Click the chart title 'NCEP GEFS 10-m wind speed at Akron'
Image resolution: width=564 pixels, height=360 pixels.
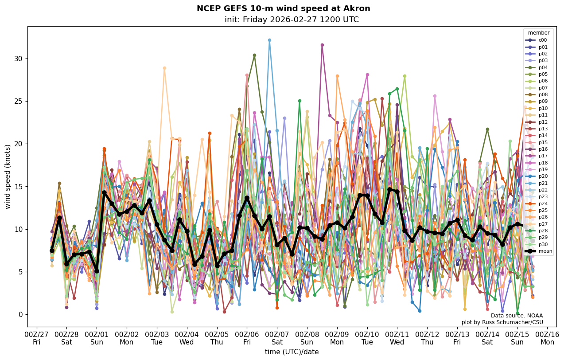(283, 8)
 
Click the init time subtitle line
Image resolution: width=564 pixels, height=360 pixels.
(292, 20)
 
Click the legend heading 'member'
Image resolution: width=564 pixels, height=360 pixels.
(539, 33)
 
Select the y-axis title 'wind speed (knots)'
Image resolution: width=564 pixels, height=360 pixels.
(8, 176)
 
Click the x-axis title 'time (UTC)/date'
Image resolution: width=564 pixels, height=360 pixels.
(292, 352)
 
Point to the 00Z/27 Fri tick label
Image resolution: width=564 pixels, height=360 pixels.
(36, 338)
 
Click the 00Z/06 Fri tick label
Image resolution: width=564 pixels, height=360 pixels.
(247, 338)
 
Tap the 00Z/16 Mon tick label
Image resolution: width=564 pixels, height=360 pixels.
(547, 338)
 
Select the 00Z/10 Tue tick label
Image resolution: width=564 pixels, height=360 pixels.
(367, 338)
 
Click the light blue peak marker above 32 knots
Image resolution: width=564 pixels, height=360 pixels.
(269, 40)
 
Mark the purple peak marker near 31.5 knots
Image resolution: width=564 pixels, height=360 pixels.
(322, 45)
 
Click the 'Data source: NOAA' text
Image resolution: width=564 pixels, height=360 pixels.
(517, 316)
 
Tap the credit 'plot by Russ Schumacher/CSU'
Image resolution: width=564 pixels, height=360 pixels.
(502, 322)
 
